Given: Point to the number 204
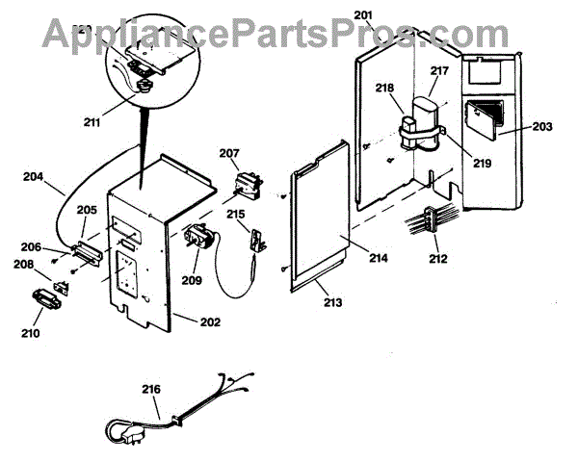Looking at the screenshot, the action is point(33,177).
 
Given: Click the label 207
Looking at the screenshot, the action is point(228,154).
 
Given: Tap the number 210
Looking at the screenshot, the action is point(30,334).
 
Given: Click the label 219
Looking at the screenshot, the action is point(481,164).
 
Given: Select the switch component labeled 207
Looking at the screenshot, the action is point(247,181).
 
